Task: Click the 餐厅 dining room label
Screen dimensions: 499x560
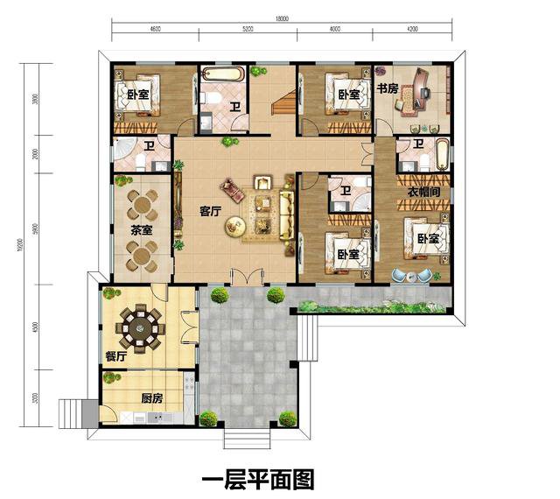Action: tap(115, 356)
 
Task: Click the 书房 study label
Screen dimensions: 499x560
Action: tap(388, 88)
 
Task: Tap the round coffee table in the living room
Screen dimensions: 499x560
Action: tap(234, 226)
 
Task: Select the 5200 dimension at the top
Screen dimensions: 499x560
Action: tap(248, 31)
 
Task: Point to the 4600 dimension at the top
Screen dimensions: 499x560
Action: tap(155, 31)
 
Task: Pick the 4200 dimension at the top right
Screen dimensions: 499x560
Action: tap(412, 31)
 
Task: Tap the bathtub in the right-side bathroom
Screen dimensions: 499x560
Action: tap(442, 155)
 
